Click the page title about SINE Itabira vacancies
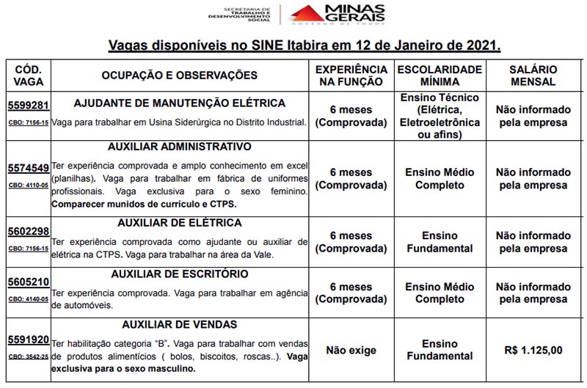304,45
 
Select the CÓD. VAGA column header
28,76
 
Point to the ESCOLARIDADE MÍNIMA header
439,76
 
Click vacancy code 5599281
28,105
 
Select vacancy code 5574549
28,168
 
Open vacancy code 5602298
28,232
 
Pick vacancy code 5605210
28,282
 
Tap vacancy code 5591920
28,340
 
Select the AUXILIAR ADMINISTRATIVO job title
180,147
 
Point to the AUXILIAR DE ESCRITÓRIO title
180,274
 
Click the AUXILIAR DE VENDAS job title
180,324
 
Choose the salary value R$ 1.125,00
533,350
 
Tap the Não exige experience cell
350,350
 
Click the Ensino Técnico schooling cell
439,117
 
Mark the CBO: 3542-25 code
28,356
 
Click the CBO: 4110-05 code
28,184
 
